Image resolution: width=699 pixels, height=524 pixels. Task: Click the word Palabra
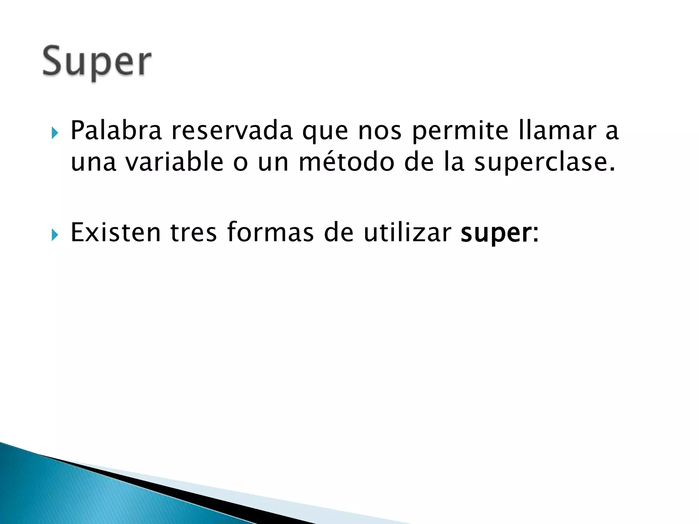tap(116, 131)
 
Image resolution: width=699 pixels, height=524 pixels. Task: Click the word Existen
tap(115, 232)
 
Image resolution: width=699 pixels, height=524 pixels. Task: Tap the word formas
tap(270, 232)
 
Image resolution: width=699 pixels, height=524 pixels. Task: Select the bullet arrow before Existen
tap(55, 235)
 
